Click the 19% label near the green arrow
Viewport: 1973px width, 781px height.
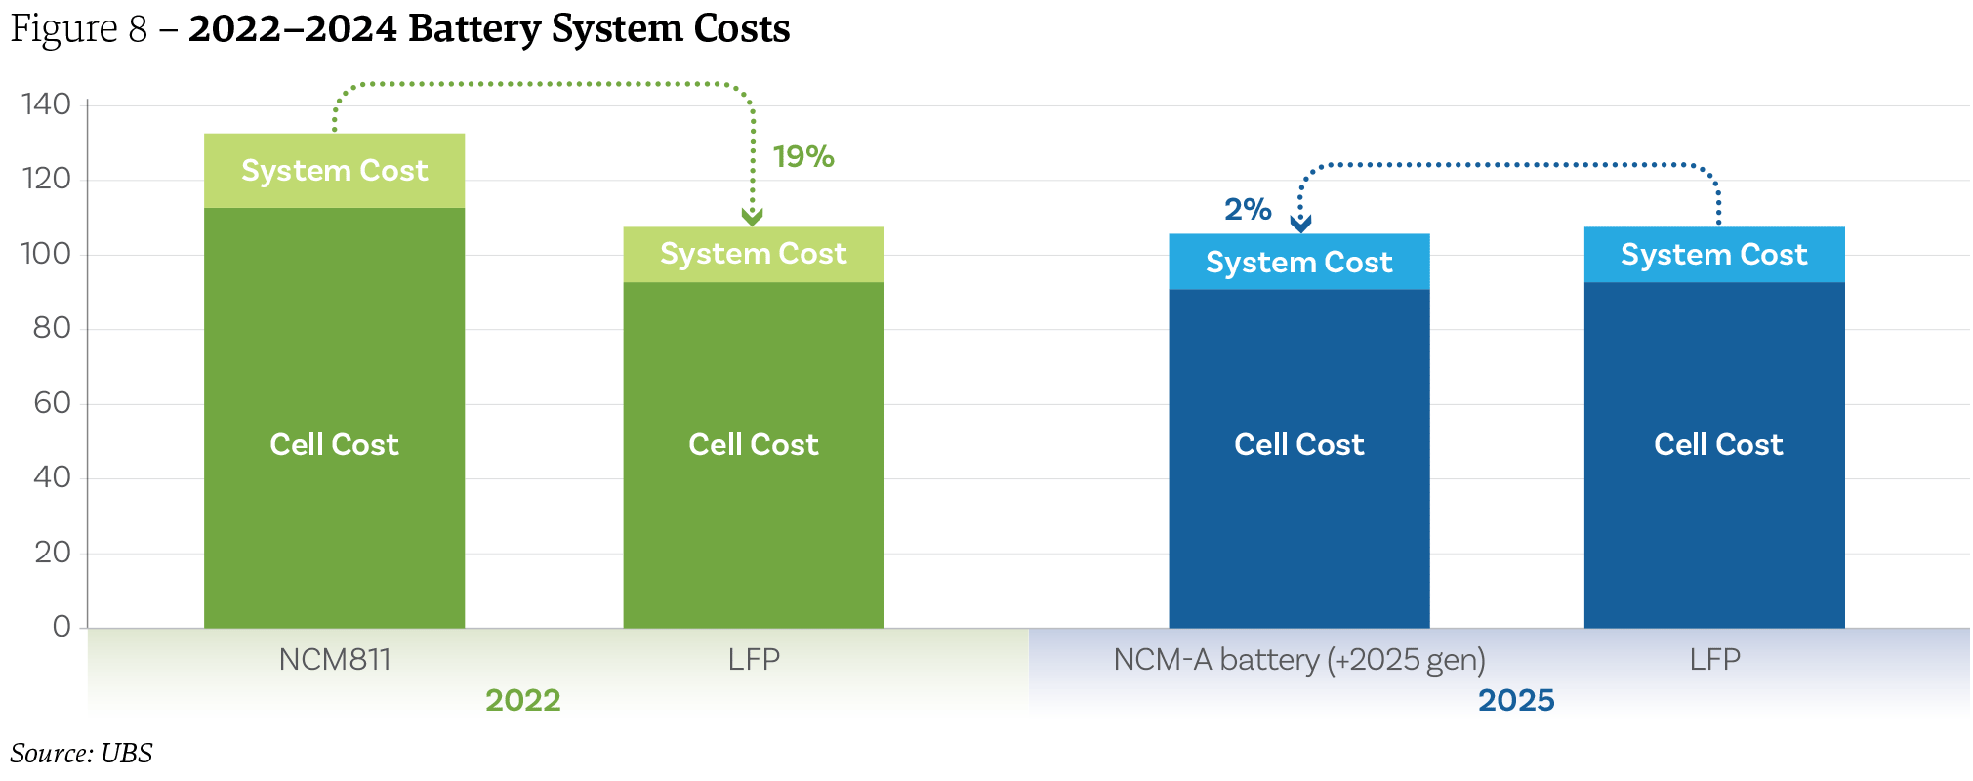802,157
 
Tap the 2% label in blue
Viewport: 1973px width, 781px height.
1248,209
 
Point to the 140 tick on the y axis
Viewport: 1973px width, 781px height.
46,104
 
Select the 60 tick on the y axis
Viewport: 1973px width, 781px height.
52,403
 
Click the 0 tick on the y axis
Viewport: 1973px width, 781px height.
62,627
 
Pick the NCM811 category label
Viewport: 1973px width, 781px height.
335,660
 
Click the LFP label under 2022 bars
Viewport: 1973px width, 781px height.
754,660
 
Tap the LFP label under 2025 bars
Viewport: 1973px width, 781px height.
1714,660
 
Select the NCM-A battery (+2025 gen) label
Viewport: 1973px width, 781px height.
1299,660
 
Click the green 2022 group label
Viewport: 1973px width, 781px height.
523,700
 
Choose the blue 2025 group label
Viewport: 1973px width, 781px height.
1516,700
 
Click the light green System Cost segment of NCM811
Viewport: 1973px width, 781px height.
335,171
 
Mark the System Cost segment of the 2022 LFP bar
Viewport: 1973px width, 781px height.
754,254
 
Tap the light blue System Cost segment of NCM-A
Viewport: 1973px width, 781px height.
1299,262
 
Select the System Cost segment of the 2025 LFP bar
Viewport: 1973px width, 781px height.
1714,255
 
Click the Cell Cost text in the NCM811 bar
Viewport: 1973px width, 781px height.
335,445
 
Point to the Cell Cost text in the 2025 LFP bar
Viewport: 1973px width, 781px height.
1718,445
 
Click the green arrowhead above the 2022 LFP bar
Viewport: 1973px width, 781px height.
752,217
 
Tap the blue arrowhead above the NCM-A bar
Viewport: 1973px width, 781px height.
1300,224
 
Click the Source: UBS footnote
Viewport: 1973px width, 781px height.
82,754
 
